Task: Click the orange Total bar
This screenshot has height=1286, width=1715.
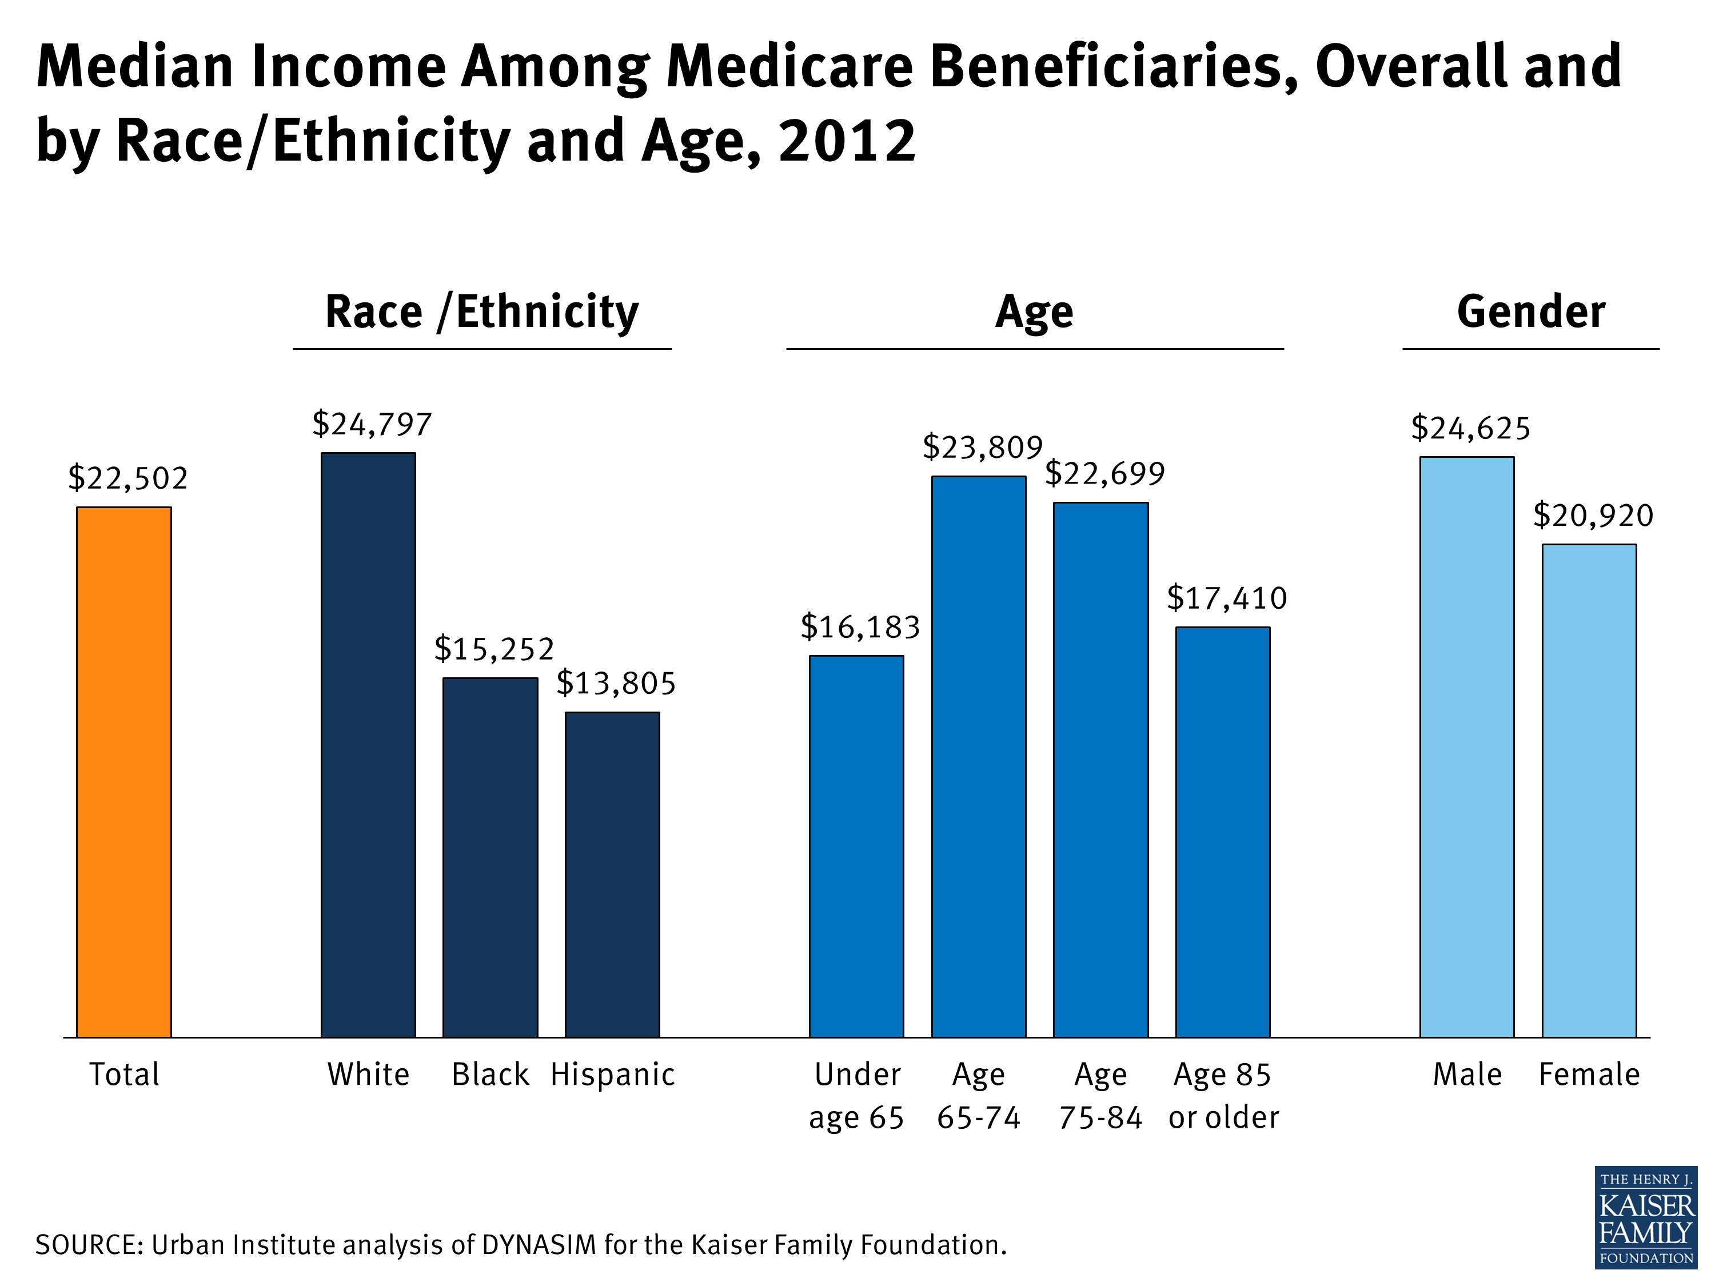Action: pyautogui.click(x=123, y=771)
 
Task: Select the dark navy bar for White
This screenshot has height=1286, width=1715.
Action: pyautogui.click(x=368, y=744)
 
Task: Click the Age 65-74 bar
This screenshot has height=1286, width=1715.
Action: pyautogui.click(x=979, y=756)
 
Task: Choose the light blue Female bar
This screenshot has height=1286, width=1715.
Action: pyautogui.click(x=1589, y=790)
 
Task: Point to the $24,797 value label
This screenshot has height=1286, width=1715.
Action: pyautogui.click(x=372, y=424)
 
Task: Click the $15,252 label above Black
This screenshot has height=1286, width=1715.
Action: pyautogui.click(x=494, y=649)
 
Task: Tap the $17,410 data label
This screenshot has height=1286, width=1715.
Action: pyautogui.click(x=1227, y=598)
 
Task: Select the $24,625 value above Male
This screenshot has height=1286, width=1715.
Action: pyautogui.click(x=1470, y=428)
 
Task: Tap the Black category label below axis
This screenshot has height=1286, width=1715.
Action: pyautogui.click(x=490, y=1075)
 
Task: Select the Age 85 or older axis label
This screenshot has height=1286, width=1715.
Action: pyautogui.click(x=1223, y=1095)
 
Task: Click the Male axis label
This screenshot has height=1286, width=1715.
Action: pyautogui.click(x=1467, y=1075)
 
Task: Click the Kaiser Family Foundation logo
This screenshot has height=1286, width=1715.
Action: pyautogui.click(x=1645, y=1217)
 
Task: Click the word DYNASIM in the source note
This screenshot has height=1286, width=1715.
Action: pyautogui.click(x=539, y=1245)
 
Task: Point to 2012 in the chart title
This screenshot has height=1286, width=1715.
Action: pyautogui.click(x=847, y=141)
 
